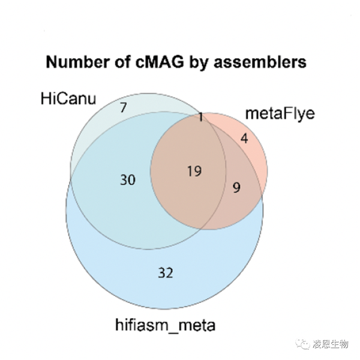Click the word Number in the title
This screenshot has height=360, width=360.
click(74, 62)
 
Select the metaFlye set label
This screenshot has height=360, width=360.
click(280, 113)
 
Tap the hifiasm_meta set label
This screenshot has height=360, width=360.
click(165, 325)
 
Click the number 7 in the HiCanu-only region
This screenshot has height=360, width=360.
click(123, 108)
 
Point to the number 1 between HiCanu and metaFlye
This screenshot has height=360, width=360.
click(201, 118)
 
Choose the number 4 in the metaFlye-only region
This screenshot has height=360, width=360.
click(244, 139)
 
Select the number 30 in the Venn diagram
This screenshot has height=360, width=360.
click(127, 179)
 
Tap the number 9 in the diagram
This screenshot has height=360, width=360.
click(236, 188)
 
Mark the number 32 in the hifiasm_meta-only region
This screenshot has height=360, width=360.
click(165, 273)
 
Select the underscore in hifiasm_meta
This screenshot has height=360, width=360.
click(172, 331)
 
